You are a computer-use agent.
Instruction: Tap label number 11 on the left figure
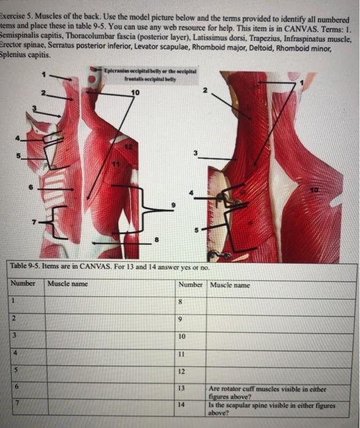pyautogui.click(x=112, y=164)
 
